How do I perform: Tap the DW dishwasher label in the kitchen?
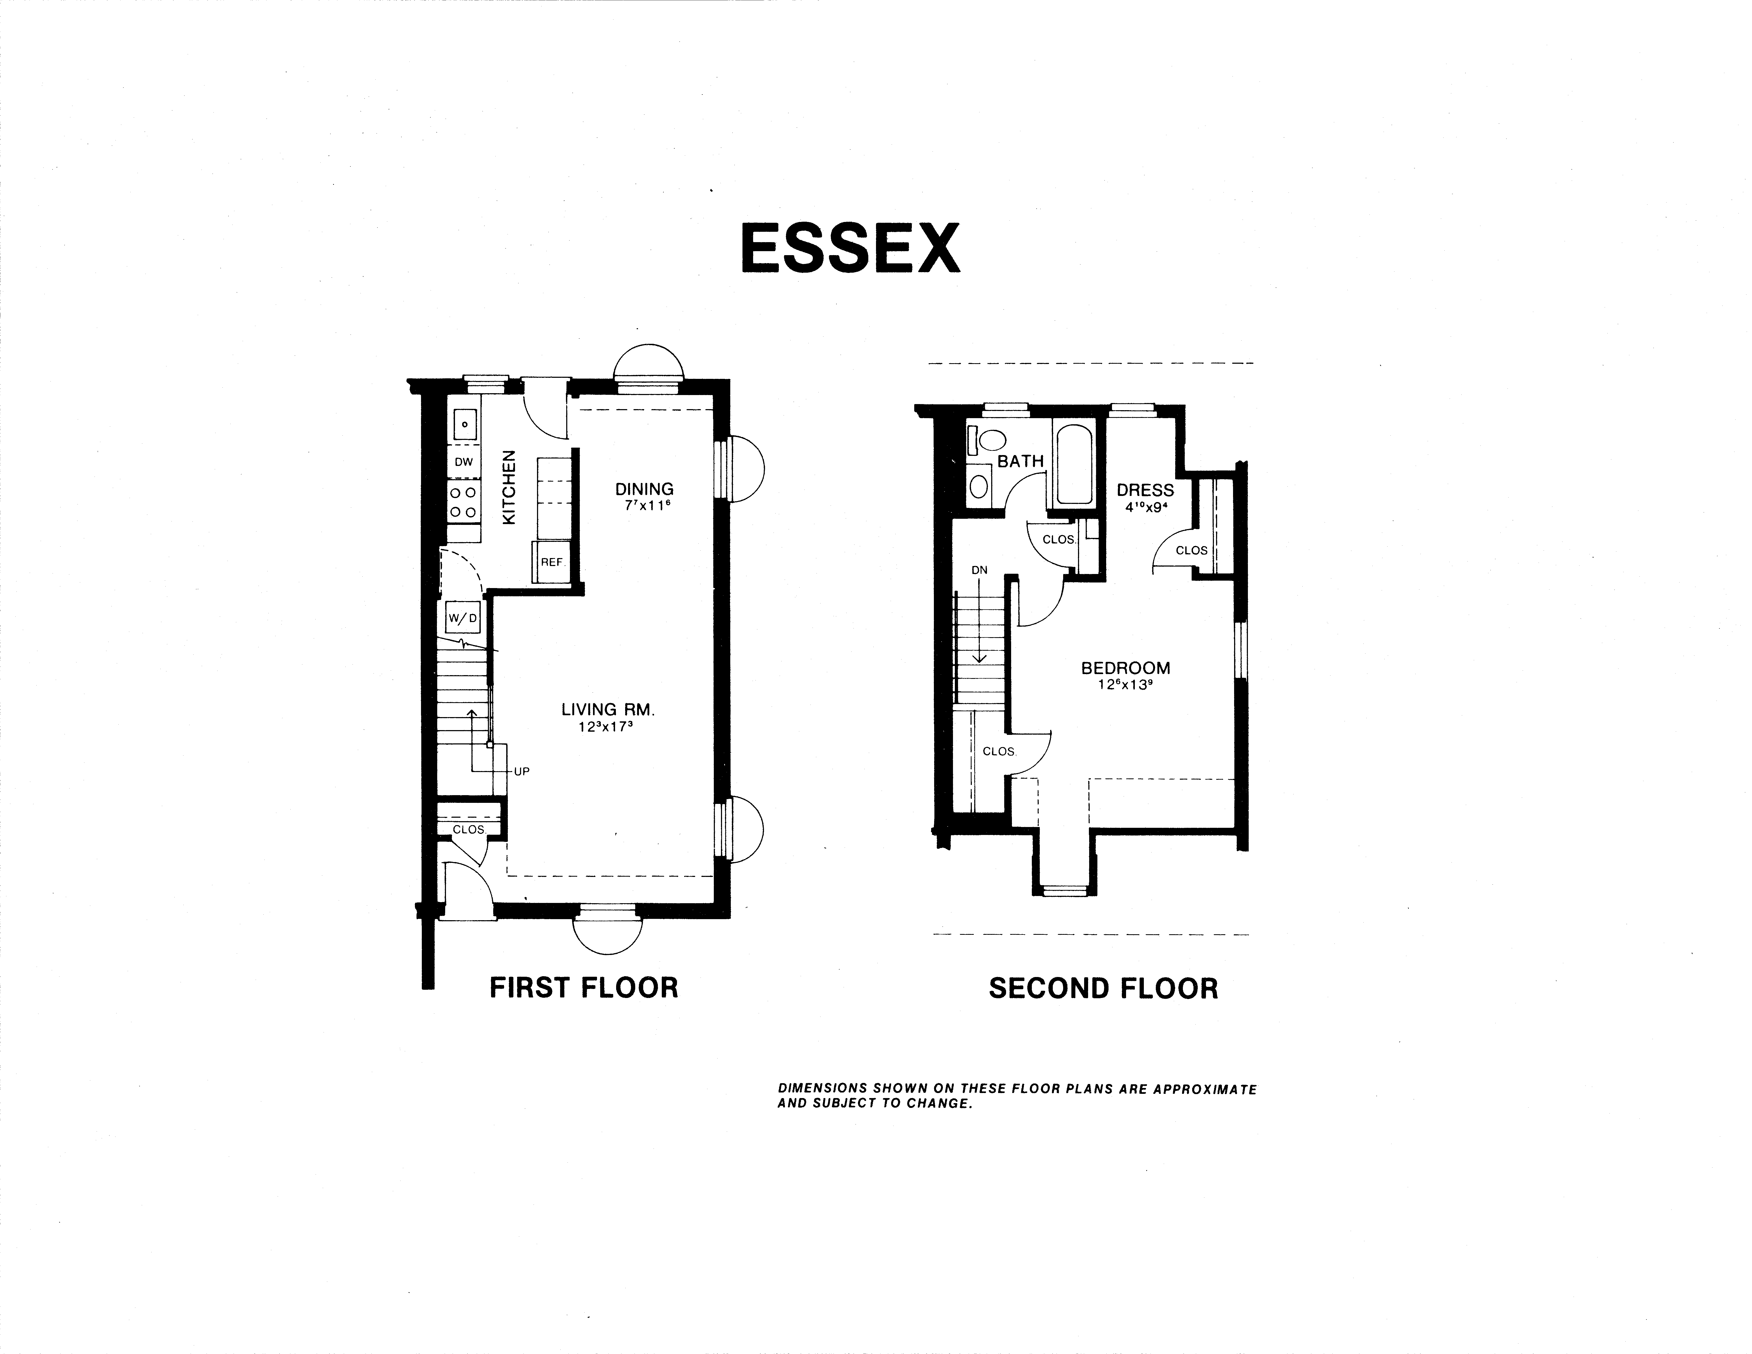[464, 462]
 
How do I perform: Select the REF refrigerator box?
[551, 562]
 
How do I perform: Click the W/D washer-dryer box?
[463, 618]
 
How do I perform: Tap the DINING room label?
[644, 489]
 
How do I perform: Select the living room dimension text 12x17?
[607, 727]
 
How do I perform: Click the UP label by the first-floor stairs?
[521, 772]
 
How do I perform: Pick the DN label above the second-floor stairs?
[980, 570]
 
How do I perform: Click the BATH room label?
[1020, 461]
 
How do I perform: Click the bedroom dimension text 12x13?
[1126, 685]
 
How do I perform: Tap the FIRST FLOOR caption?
[584, 987]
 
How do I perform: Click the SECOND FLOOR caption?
[1103, 988]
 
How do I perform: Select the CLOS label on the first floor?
[469, 829]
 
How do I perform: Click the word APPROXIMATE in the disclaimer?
[1205, 1089]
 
